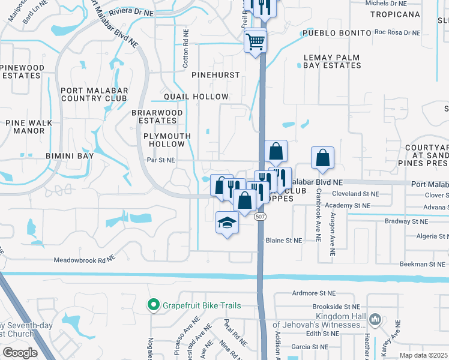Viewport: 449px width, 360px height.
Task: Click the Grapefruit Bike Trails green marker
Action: tap(153, 305)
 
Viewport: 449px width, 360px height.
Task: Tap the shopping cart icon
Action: tap(256, 41)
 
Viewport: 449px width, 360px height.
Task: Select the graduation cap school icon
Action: tap(227, 223)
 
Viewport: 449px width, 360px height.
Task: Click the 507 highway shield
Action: tap(260, 217)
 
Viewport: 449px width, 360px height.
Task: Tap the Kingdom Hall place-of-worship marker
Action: tap(376, 319)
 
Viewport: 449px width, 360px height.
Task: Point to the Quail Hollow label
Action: tap(197, 97)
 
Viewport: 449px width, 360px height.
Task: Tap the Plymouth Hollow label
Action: tap(167, 140)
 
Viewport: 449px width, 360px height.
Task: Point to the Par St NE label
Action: tap(161, 160)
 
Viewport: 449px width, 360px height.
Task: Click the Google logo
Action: tap(20, 352)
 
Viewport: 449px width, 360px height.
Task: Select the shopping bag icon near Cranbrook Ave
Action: tap(323, 158)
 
